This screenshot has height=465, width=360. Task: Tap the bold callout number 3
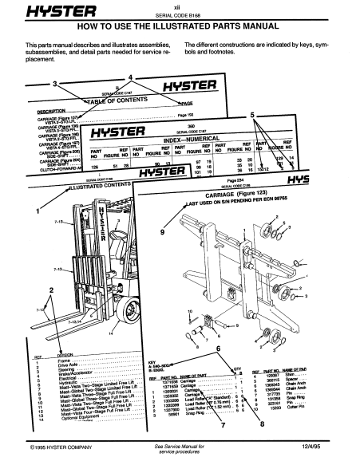click(54, 83)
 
